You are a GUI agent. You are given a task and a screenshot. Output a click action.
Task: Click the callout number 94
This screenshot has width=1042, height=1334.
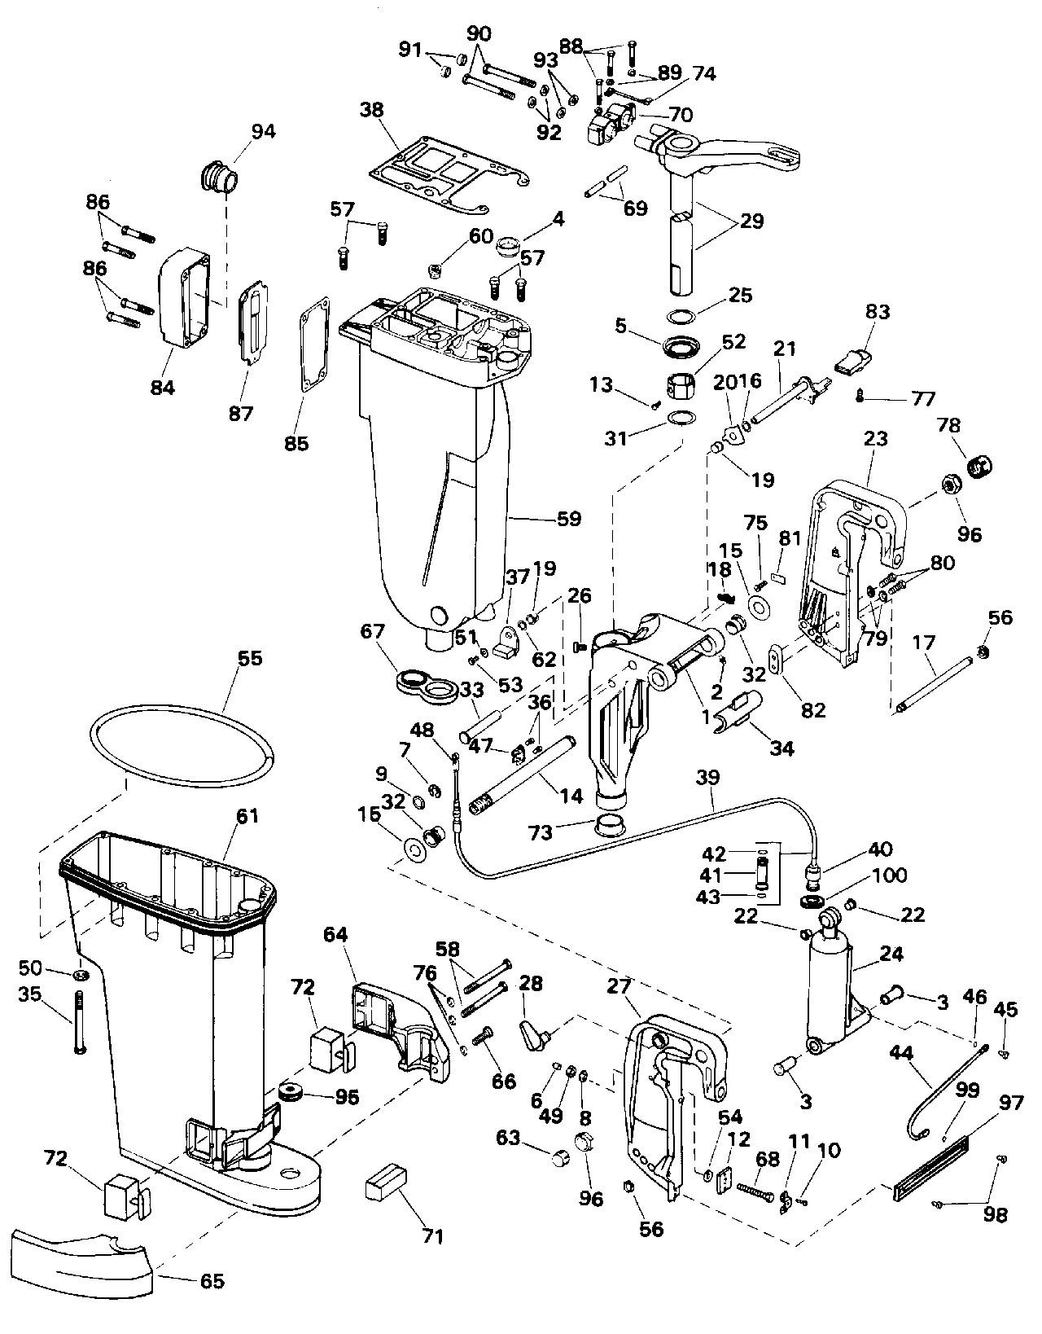[263, 131]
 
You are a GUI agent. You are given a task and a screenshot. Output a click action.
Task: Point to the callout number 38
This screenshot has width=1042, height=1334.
[372, 111]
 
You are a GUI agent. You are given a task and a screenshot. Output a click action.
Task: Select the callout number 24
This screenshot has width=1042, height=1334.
[891, 954]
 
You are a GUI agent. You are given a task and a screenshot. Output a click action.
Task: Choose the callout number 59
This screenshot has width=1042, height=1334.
[568, 519]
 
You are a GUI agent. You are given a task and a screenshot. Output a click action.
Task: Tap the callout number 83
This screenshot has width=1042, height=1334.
[878, 312]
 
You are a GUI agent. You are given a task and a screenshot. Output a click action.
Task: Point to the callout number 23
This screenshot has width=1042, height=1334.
[876, 439]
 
